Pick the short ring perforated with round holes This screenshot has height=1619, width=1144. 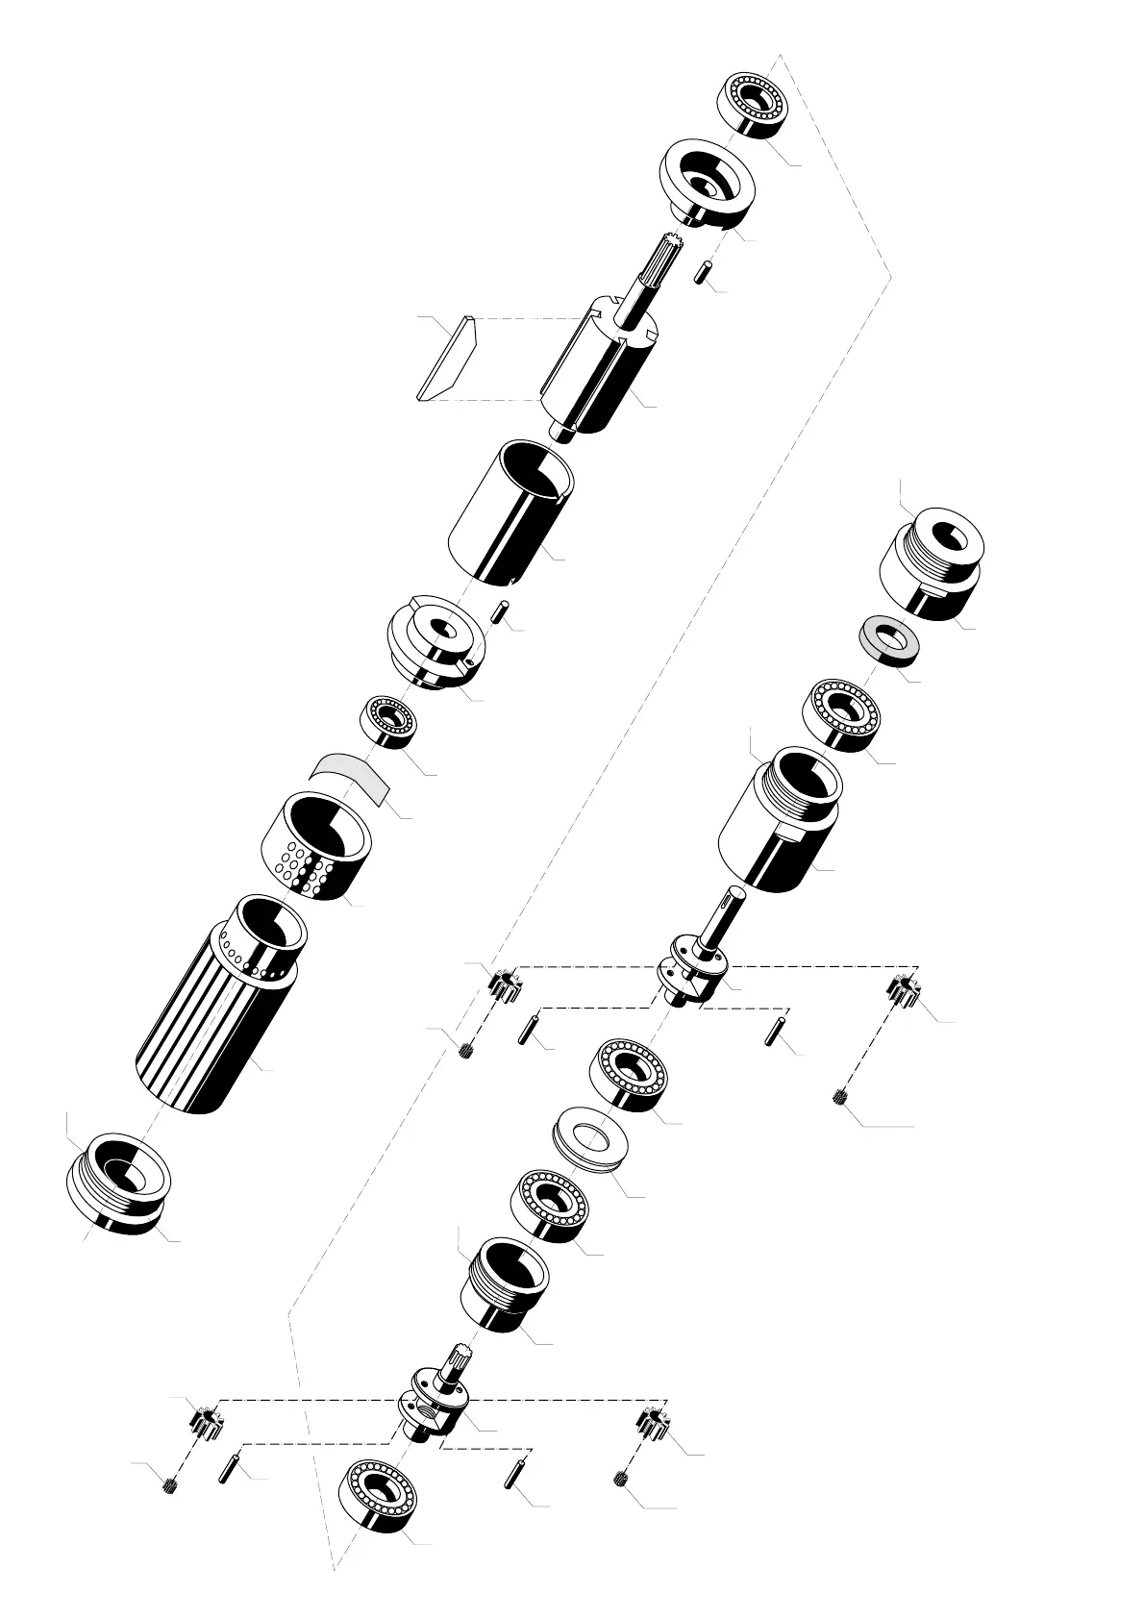pos(315,845)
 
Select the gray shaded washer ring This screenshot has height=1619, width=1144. pos(886,637)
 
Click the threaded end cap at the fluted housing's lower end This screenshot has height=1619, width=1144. pos(118,1182)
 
